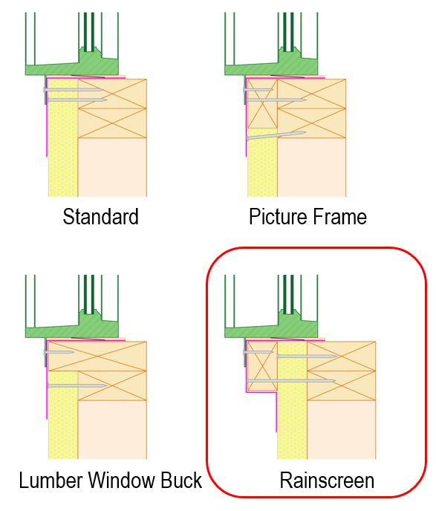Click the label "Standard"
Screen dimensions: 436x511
click(x=101, y=217)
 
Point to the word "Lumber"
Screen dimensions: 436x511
click(x=51, y=481)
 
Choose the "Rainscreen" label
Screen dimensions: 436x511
click(x=327, y=481)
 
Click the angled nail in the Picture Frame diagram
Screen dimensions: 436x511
click(x=276, y=135)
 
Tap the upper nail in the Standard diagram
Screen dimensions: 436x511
click(x=74, y=90)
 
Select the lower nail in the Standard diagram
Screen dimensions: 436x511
click(x=77, y=100)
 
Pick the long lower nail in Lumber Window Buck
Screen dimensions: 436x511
click(x=77, y=386)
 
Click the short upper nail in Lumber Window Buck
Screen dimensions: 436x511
click(x=59, y=352)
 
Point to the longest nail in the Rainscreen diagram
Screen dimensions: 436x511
click(x=291, y=380)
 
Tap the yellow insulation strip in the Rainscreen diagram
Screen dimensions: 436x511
click(x=293, y=400)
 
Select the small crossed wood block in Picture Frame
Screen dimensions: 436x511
click(x=262, y=104)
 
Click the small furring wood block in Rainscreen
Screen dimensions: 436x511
click(x=262, y=365)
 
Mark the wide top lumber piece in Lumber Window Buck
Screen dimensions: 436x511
click(x=97, y=357)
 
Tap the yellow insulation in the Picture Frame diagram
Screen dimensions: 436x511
click(x=262, y=163)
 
